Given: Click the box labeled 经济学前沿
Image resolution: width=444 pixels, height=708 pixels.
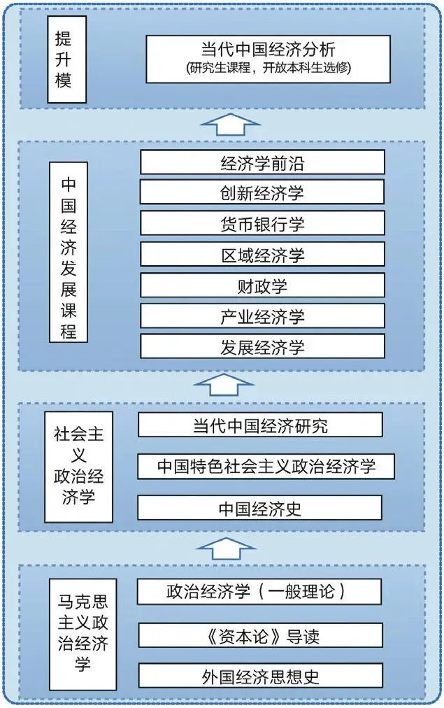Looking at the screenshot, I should tap(262, 163).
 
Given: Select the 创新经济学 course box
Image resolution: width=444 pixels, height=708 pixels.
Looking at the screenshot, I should tap(262, 192).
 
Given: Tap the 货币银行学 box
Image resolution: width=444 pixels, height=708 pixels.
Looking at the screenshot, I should tap(262, 223).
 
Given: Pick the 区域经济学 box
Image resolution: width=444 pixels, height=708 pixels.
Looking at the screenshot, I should tap(262, 254).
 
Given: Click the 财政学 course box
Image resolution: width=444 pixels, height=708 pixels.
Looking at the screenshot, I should tap(262, 285).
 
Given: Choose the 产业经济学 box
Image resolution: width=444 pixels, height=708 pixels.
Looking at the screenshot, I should tap(262, 316).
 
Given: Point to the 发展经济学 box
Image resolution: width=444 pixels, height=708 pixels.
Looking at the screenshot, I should tap(262, 347).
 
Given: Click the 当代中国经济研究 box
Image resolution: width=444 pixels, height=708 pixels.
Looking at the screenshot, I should tap(260, 425).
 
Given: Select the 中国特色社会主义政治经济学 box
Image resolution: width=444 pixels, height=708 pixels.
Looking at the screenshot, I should tap(266, 466).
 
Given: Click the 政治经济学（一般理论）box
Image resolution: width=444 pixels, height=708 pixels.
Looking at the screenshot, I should tap(260, 592).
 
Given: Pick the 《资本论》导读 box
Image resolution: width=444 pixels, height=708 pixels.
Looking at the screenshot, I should tap(260, 636).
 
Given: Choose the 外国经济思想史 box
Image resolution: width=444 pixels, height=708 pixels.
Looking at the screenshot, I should tap(260, 676).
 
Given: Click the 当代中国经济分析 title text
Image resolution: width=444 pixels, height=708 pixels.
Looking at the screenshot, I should tap(268, 49).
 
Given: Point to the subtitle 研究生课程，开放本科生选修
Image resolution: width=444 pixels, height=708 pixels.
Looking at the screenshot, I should tap(268, 69).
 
